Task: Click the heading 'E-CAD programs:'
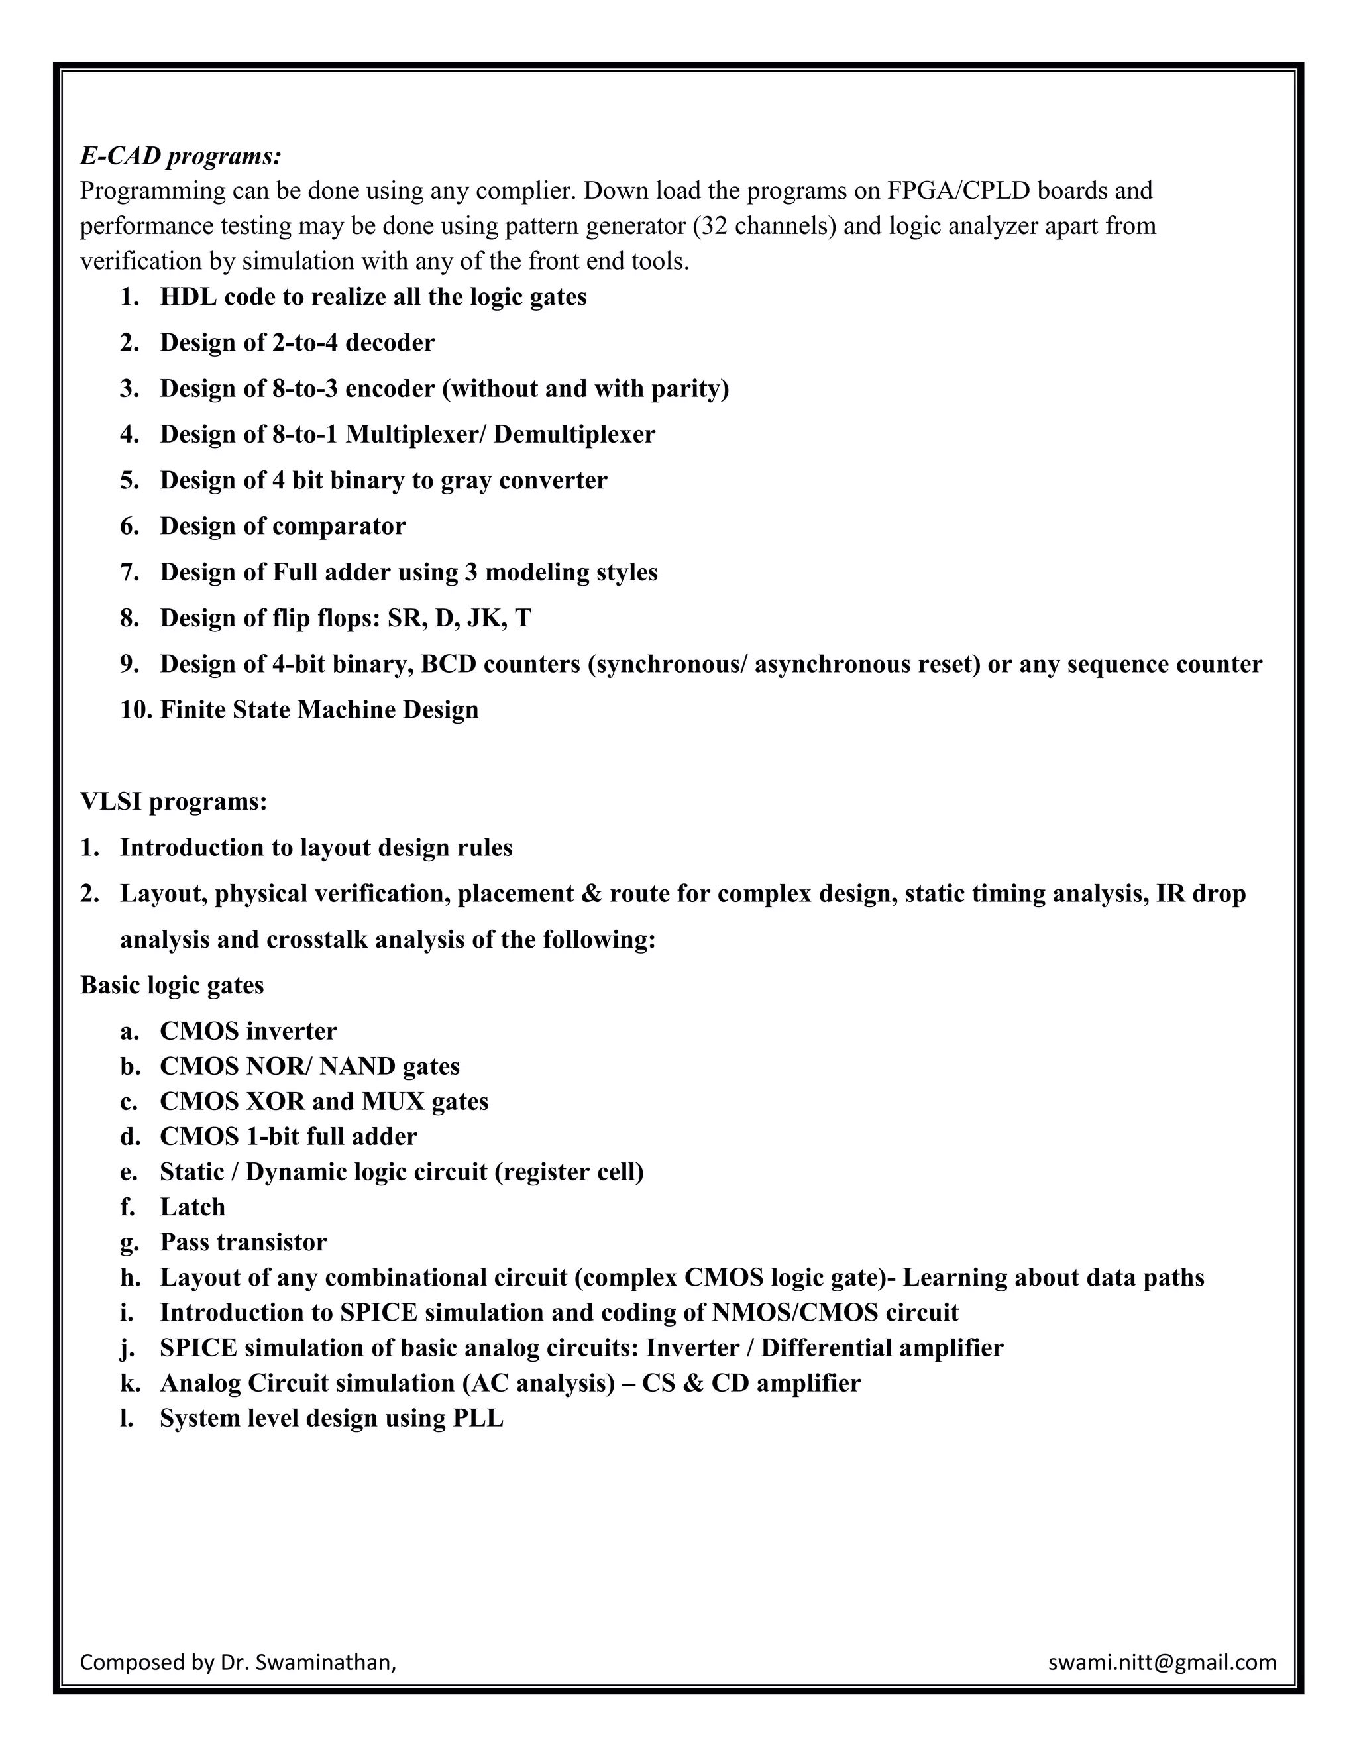click(x=181, y=156)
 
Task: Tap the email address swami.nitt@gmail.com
click(x=1162, y=1661)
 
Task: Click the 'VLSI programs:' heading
click(x=174, y=802)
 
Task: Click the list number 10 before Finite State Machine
click(x=135, y=710)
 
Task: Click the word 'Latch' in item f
click(x=193, y=1207)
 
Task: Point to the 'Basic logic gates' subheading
click(x=172, y=985)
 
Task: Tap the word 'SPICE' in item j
click(x=199, y=1348)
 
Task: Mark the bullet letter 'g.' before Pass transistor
click(x=129, y=1242)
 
